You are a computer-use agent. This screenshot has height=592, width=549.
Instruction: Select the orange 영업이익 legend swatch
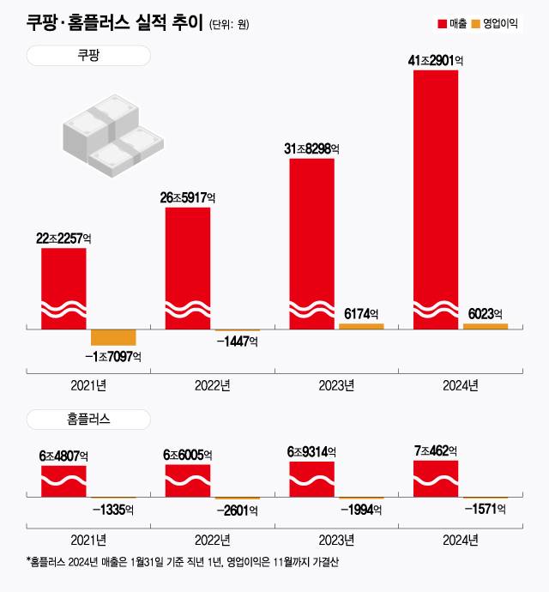coord(477,23)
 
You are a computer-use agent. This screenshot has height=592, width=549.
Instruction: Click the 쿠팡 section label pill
coord(88,56)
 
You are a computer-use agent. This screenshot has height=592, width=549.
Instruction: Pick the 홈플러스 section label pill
coord(88,420)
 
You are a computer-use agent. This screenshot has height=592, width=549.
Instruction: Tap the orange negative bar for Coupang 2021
coord(113,337)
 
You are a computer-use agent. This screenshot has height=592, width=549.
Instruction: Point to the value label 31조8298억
coord(311,149)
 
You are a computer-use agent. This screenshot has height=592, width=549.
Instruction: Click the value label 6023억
coord(486,314)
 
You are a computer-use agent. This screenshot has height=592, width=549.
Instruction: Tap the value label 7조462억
coord(436,450)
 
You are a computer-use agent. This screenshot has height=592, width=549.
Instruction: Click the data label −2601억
coord(237,510)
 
